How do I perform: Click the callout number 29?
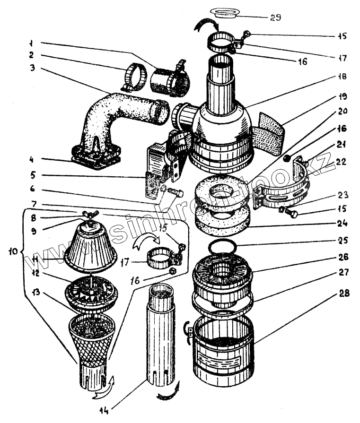point(276,17)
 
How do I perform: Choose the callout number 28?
point(344,294)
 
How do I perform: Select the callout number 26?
point(344,258)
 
